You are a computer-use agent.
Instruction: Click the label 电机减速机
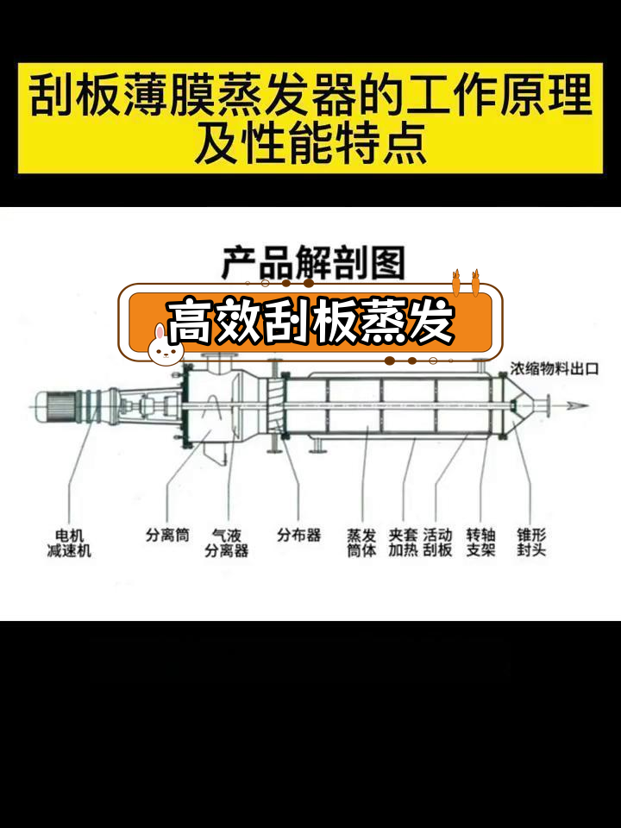click(69, 543)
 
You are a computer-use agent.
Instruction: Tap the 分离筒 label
click(166, 535)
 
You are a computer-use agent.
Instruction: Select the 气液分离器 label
click(226, 543)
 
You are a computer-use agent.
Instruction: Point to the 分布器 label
click(298, 535)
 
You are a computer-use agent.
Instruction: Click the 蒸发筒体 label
click(361, 543)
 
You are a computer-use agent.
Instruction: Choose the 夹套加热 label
click(402, 543)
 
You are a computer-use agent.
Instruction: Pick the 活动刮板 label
click(437, 543)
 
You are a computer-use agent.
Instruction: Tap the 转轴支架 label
click(480, 543)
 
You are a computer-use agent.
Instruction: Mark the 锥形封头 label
click(530, 543)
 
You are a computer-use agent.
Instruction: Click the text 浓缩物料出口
click(555, 368)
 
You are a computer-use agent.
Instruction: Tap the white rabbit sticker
click(160, 343)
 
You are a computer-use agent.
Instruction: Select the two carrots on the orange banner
click(465, 282)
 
